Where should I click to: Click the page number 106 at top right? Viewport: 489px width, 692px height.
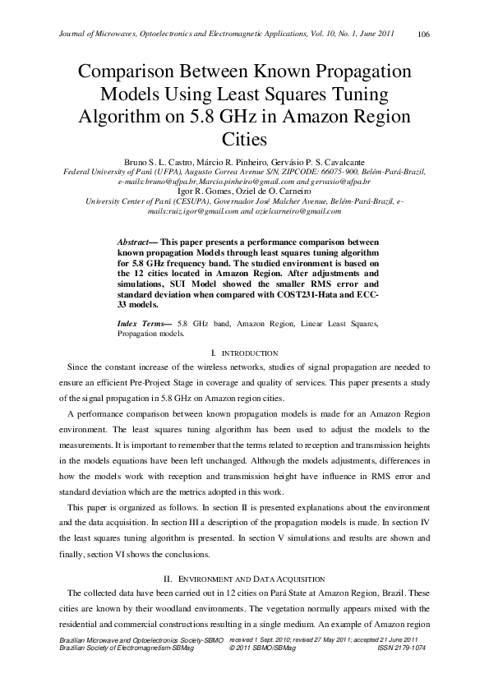(x=424, y=34)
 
